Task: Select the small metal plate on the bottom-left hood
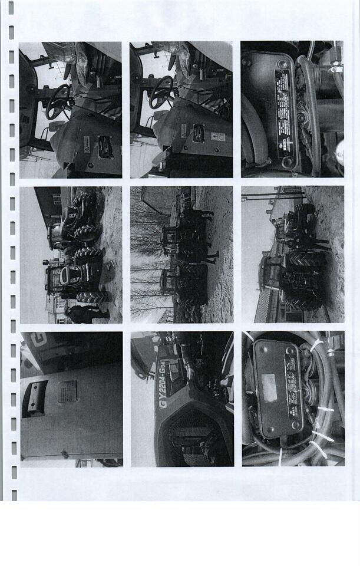[67, 391]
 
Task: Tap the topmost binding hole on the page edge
[11, 8]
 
